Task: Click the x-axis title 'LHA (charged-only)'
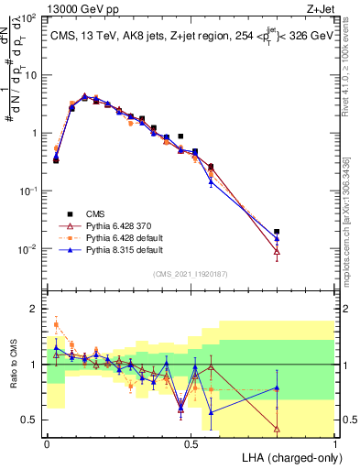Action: click(291, 456)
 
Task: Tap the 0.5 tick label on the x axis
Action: click(191, 442)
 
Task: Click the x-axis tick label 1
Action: click(335, 442)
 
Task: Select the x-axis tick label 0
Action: click(47, 442)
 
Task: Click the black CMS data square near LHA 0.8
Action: click(278, 232)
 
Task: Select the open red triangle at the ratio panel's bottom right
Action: click(278, 429)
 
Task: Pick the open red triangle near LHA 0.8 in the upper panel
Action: click(278, 252)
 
